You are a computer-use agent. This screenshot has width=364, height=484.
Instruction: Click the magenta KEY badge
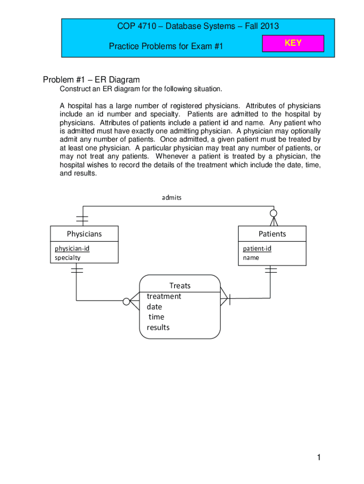pos(293,43)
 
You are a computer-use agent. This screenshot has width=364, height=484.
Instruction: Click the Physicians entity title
pos(84,233)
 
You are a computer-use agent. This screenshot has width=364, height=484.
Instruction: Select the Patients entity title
pos(272,233)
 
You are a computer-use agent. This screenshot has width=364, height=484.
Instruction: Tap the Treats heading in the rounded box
pos(180,285)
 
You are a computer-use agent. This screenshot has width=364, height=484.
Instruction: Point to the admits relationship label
pos(172,198)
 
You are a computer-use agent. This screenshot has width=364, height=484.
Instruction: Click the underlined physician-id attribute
pos(72,249)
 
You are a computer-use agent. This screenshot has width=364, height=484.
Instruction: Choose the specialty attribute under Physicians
pos(68,258)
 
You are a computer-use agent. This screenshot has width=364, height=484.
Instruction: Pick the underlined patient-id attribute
pos(257,249)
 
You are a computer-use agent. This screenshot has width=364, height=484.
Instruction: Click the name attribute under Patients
pos(251,258)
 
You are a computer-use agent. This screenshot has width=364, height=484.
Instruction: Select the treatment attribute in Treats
pos(164,296)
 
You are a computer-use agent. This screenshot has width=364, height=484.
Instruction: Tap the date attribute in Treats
pos(154,307)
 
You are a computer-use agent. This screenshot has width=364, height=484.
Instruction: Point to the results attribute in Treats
pos(158,327)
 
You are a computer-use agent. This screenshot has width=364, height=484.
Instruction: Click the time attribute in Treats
pos(156,317)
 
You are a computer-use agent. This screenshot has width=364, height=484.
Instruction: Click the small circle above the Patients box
pos(273,213)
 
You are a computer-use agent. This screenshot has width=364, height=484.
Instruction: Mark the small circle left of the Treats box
pos(126,301)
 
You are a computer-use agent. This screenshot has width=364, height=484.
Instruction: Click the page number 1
pos(320,457)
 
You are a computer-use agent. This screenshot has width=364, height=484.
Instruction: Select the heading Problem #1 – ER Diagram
pos(91,79)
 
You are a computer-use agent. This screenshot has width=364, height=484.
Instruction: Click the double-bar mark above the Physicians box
pos(82,219)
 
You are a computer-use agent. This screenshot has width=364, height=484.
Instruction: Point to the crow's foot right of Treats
pos(225,298)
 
